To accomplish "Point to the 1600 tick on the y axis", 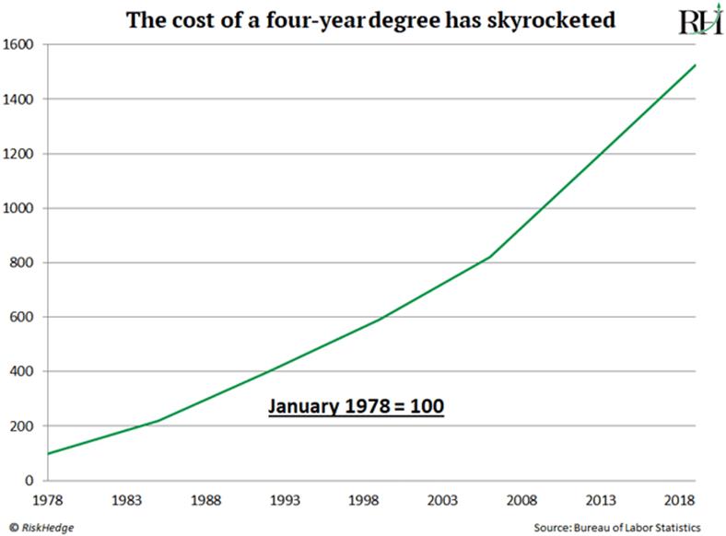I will (x=19, y=45).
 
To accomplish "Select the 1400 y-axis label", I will (x=19, y=99).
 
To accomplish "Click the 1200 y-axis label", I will (x=19, y=154).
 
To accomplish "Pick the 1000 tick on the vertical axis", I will (x=19, y=208).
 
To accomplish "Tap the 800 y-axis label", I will (x=23, y=262).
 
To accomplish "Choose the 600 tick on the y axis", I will (x=23, y=317).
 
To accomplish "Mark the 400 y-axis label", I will (x=23, y=371).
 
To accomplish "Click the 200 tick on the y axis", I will (x=23, y=425).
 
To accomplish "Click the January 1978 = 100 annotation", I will (x=357, y=406).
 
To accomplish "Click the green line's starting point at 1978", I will (x=48, y=453).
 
